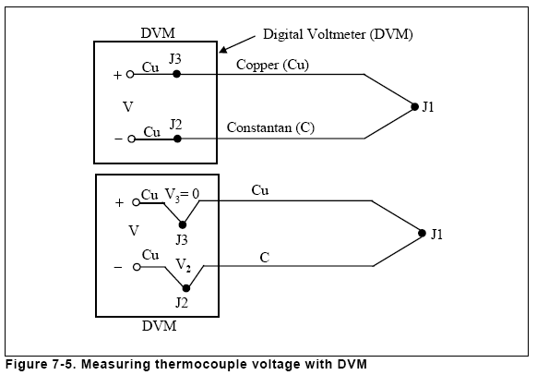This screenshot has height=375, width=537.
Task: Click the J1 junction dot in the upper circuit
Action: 414,107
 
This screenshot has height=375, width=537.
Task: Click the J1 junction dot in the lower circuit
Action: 422,233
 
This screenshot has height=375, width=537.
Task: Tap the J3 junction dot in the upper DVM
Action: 176,74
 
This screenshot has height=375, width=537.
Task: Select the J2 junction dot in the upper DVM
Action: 177,139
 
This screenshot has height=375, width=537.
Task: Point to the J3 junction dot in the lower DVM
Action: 183,224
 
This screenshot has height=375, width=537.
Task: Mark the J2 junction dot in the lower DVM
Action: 186,288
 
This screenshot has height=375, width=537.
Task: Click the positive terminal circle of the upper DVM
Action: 130,74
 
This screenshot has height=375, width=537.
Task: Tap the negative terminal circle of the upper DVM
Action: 132,139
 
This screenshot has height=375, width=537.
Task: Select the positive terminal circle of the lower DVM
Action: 136,202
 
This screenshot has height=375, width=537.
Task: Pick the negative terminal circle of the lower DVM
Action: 137,267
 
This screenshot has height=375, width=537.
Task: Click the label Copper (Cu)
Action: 272,65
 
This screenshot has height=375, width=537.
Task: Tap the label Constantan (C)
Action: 270,127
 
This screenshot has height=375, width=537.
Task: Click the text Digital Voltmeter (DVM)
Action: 338,34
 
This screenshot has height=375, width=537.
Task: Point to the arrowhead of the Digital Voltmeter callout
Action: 220,52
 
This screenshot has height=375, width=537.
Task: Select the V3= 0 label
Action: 182,195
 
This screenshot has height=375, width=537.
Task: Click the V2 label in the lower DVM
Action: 184,265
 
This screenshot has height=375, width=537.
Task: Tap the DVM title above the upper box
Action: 158,33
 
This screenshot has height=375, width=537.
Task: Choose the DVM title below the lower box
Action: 160,326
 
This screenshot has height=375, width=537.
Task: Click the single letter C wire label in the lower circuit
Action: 265,258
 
